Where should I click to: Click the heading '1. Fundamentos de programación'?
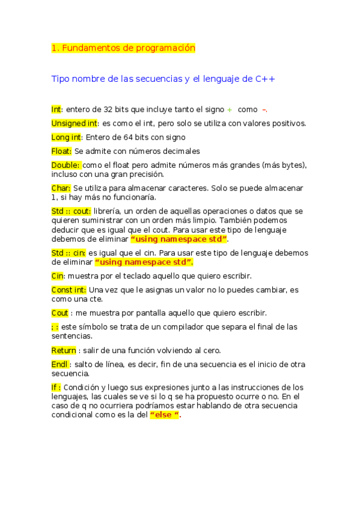coord(123,48)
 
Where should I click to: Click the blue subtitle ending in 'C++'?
coord(163,79)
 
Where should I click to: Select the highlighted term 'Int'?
coord(56,109)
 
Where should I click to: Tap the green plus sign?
coord(230,110)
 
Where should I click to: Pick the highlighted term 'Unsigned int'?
coord(74,123)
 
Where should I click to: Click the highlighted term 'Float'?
coord(61,151)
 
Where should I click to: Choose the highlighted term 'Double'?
coord(66,165)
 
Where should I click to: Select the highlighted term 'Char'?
coord(61,188)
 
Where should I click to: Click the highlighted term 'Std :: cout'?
coord(71,211)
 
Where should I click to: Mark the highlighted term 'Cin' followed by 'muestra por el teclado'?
coord(57,276)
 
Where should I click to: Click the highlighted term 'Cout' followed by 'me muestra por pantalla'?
coord(59,313)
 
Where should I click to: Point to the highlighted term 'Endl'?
coord(60,364)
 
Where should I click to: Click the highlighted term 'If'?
coord(56,387)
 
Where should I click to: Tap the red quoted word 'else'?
coord(164,416)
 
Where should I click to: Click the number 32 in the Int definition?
coord(108,110)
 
